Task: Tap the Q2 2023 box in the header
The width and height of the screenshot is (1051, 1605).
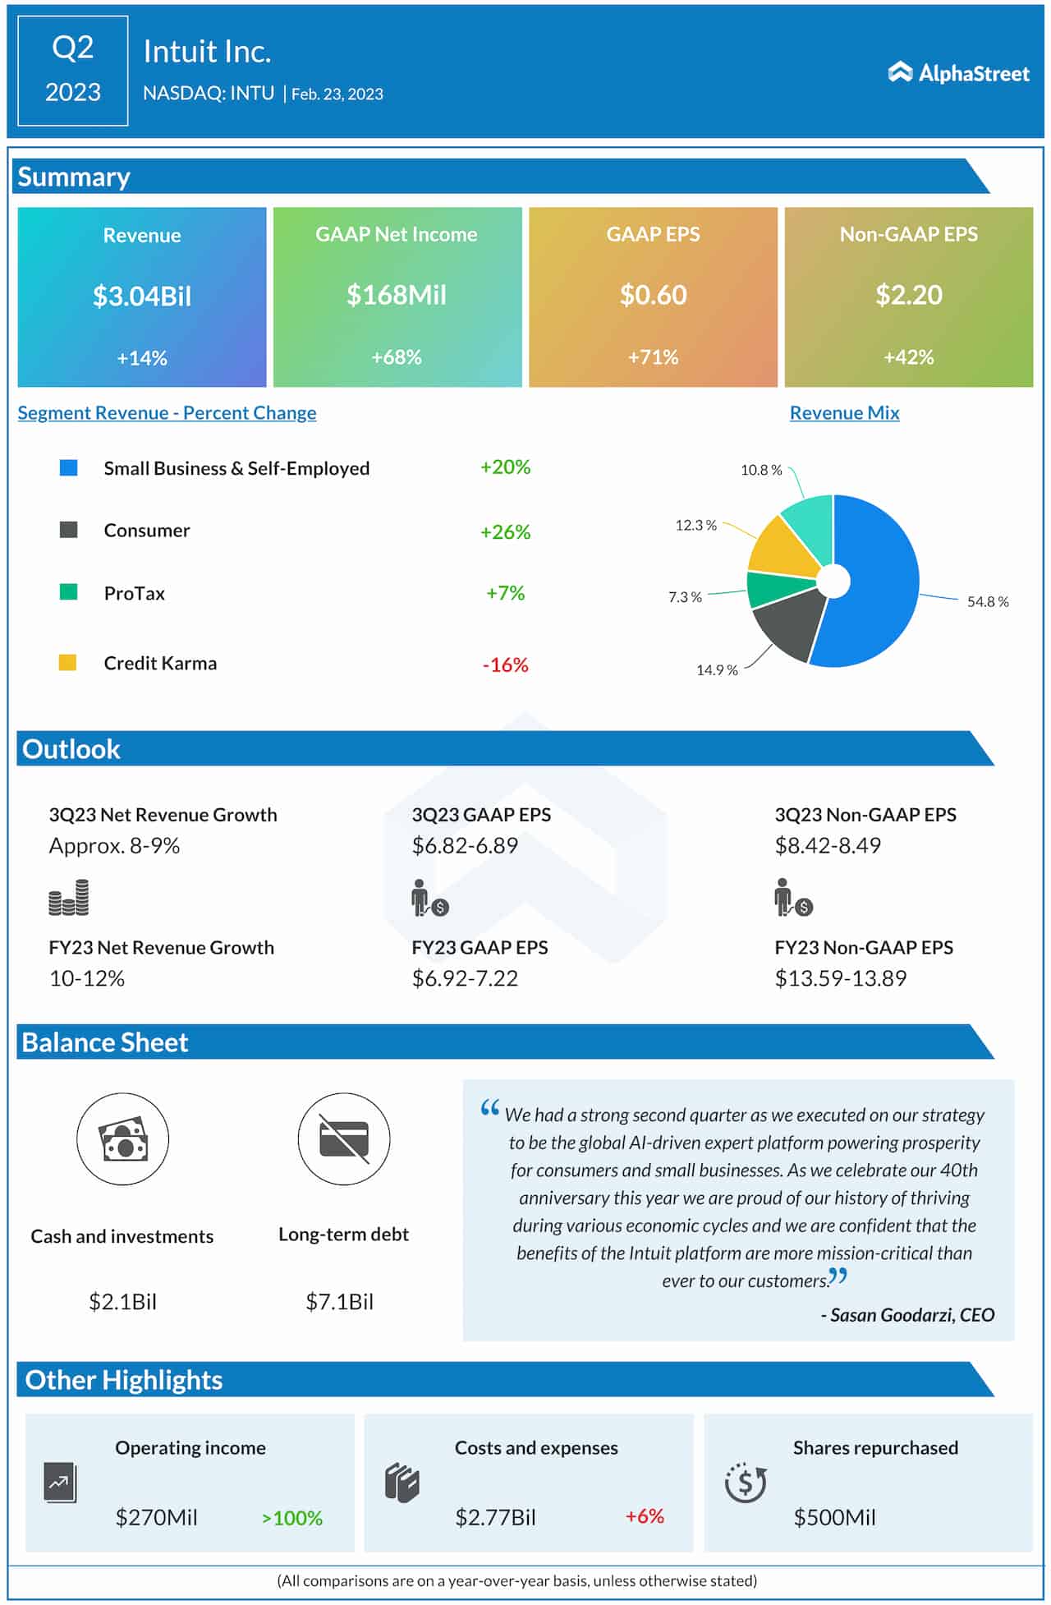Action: pyautogui.click(x=72, y=71)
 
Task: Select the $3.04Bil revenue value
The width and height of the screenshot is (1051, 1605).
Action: pyautogui.click(x=141, y=296)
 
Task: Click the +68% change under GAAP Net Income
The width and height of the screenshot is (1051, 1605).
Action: pyautogui.click(x=397, y=357)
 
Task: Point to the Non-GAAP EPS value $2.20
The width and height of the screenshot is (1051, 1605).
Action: pyautogui.click(x=908, y=295)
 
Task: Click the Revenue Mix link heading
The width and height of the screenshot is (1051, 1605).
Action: pyautogui.click(x=844, y=413)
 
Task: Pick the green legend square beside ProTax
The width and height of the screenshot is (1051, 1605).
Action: pyautogui.click(x=69, y=592)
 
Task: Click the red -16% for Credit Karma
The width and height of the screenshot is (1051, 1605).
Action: pyautogui.click(x=505, y=665)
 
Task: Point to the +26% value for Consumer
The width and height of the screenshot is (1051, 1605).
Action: pyautogui.click(x=505, y=532)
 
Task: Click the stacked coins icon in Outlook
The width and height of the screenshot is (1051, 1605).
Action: pyautogui.click(x=69, y=898)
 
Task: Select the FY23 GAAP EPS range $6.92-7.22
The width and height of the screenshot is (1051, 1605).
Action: pyautogui.click(x=465, y=978)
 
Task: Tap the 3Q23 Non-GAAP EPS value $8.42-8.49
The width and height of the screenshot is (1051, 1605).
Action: pyautogui.click(x=828, y=845)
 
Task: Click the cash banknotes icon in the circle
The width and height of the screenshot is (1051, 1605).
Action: pyautogui.click(x=123, y=1139)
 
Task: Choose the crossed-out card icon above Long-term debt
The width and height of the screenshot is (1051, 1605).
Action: pyautogui.click(x=344, y=1139)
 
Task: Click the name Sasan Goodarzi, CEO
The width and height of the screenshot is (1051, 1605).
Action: pyautogui.click(x=911, y=1315)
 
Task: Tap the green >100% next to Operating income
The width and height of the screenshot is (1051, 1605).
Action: pyautogui.click(x=292, y=1518)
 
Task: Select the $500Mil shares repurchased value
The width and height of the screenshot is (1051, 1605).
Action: pyautogui.click(x=834, y=1517)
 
